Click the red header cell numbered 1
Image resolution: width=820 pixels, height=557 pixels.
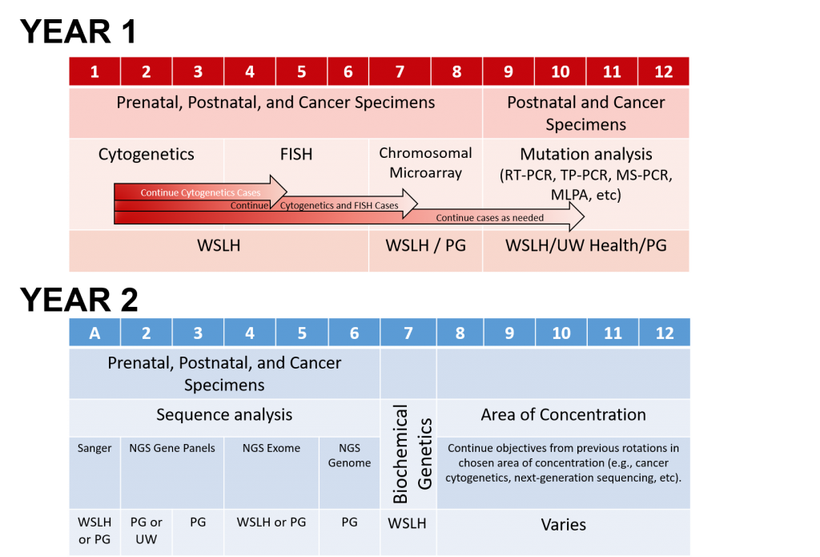[94, 71]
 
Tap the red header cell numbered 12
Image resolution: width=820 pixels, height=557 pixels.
[664, 71]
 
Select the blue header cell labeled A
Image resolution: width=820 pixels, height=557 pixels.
[94, 333]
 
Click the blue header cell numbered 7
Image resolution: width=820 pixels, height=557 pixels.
[408, 333]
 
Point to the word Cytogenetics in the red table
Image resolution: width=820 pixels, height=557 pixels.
[147, 154]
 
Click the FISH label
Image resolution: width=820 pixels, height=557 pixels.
[296, 154]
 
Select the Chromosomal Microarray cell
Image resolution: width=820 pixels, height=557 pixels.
[425, 162]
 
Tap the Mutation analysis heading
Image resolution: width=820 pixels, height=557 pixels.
[586, 154]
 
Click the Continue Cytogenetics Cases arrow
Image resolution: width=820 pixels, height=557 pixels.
[200, 192]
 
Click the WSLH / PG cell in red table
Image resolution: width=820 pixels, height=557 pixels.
[425, 245]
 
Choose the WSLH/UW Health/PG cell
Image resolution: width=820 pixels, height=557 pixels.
[586, 245]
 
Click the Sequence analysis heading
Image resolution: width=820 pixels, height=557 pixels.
[224, 414]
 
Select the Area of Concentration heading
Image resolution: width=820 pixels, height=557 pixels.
[564, 414]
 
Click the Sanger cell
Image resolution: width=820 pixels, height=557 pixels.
[94, 448]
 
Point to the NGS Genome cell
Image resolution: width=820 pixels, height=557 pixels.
[349, 455]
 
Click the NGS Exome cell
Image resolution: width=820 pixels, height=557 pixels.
[271, 448]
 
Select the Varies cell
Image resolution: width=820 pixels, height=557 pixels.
[564, 525]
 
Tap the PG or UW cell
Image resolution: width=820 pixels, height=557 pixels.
[146, 531]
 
